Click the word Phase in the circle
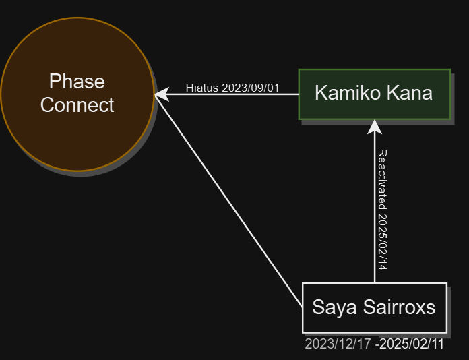(x=77, y=82)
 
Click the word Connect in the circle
(x=77, y=105)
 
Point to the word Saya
(x=334, y=307)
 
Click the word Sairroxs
(x=400, y=307)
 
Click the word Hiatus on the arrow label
(x=202, y=88)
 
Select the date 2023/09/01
(x=251, y=88)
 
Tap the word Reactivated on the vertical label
(x=383, y=179)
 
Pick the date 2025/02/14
(x=383, y=243)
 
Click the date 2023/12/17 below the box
(x=338, y=344)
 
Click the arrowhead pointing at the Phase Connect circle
(x=162, y=94)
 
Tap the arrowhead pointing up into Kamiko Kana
(x=375, y=127)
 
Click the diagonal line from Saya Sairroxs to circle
(x=228, y=201)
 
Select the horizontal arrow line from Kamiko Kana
(x=226, y=94)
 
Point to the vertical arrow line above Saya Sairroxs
(x=375, y=201)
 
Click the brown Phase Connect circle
(x=77, y=94)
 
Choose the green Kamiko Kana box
(x=375, y=94)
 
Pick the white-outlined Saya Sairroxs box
(x=375, y=307)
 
